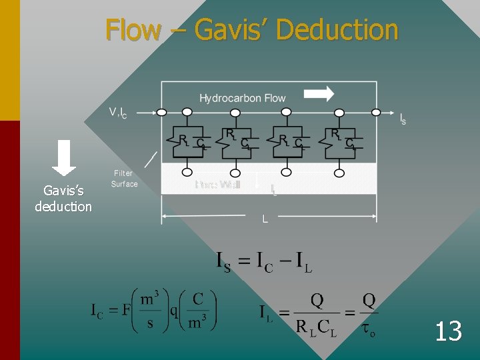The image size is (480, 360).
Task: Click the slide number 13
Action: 448,331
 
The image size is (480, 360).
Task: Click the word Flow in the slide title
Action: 133,30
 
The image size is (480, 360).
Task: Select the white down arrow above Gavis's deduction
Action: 64,157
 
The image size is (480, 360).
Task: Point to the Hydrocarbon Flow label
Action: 242,99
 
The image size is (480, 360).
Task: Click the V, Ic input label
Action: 118,113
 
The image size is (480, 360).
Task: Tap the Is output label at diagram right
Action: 403,120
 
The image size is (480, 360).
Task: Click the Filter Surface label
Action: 124,179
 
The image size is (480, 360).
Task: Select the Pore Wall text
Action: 217,185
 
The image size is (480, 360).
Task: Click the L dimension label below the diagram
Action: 265,219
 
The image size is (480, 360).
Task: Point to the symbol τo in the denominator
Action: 368,327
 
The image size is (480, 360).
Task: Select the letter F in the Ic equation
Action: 125,311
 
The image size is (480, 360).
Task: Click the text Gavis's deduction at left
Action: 63,199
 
